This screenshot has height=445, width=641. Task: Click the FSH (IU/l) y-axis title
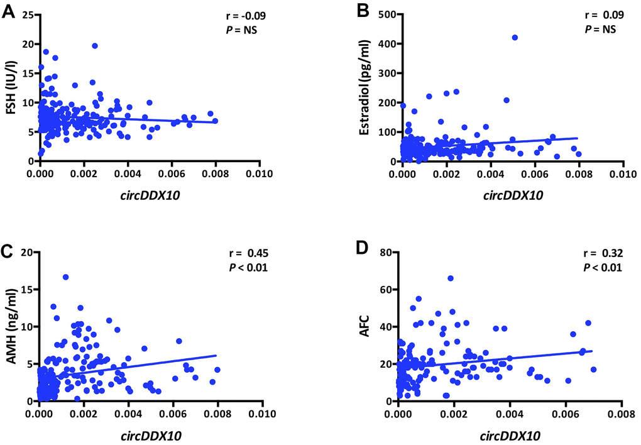[x=10, y=87]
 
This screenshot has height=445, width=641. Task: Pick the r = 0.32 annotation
[x=603, y=254]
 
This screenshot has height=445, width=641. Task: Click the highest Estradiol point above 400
[x=515, y=37]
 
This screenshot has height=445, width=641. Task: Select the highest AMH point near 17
[x=65, y=277]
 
